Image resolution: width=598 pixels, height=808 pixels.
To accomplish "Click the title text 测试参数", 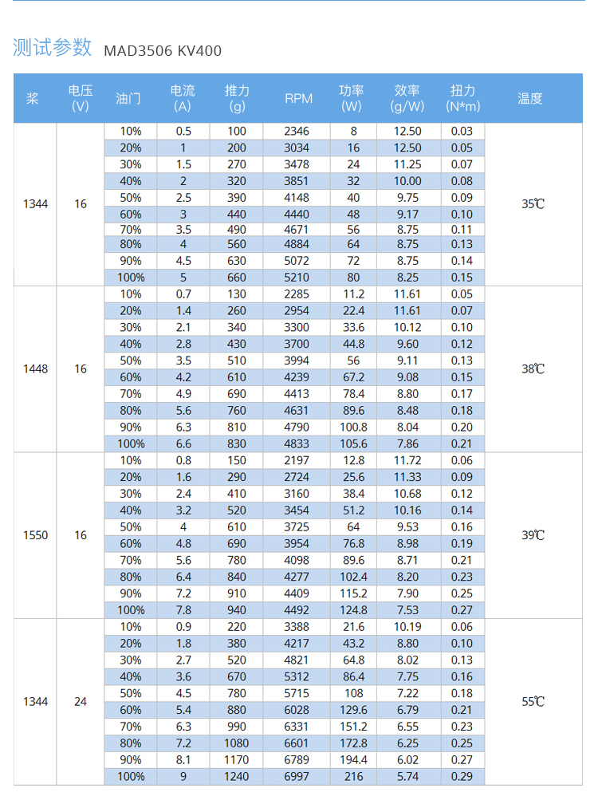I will pos(53,48).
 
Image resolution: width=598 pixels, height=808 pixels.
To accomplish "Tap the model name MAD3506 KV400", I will pos(163,51).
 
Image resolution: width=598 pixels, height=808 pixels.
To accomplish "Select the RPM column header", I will pos(298,98).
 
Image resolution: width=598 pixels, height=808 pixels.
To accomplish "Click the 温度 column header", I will pos(529,98).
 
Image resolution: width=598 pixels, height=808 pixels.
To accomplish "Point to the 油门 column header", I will pos(128,98).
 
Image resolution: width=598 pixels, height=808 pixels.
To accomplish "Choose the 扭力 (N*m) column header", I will pos(462,98).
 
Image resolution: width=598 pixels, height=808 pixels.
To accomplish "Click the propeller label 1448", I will pos(35,369).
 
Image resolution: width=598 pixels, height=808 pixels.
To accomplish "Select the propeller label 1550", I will pos(35,535).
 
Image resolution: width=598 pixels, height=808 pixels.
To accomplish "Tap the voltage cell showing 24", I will pos(81,702).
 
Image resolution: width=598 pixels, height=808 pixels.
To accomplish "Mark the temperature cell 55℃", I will pos(533,702).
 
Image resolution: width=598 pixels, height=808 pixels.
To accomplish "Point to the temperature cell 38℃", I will pos(533,369).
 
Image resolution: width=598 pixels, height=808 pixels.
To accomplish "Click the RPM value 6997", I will pos(297,776).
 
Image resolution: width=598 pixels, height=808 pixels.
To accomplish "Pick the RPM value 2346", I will pos(297,131).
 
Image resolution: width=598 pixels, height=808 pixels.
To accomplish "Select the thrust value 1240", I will pos(237,776).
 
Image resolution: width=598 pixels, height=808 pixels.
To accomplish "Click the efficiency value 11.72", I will pos(407,460).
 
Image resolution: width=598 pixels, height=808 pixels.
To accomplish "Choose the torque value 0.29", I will pos(462,776).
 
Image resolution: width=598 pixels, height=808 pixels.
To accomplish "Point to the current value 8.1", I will pos(183,759).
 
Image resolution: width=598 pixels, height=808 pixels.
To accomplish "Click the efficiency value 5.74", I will pos(407,776).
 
